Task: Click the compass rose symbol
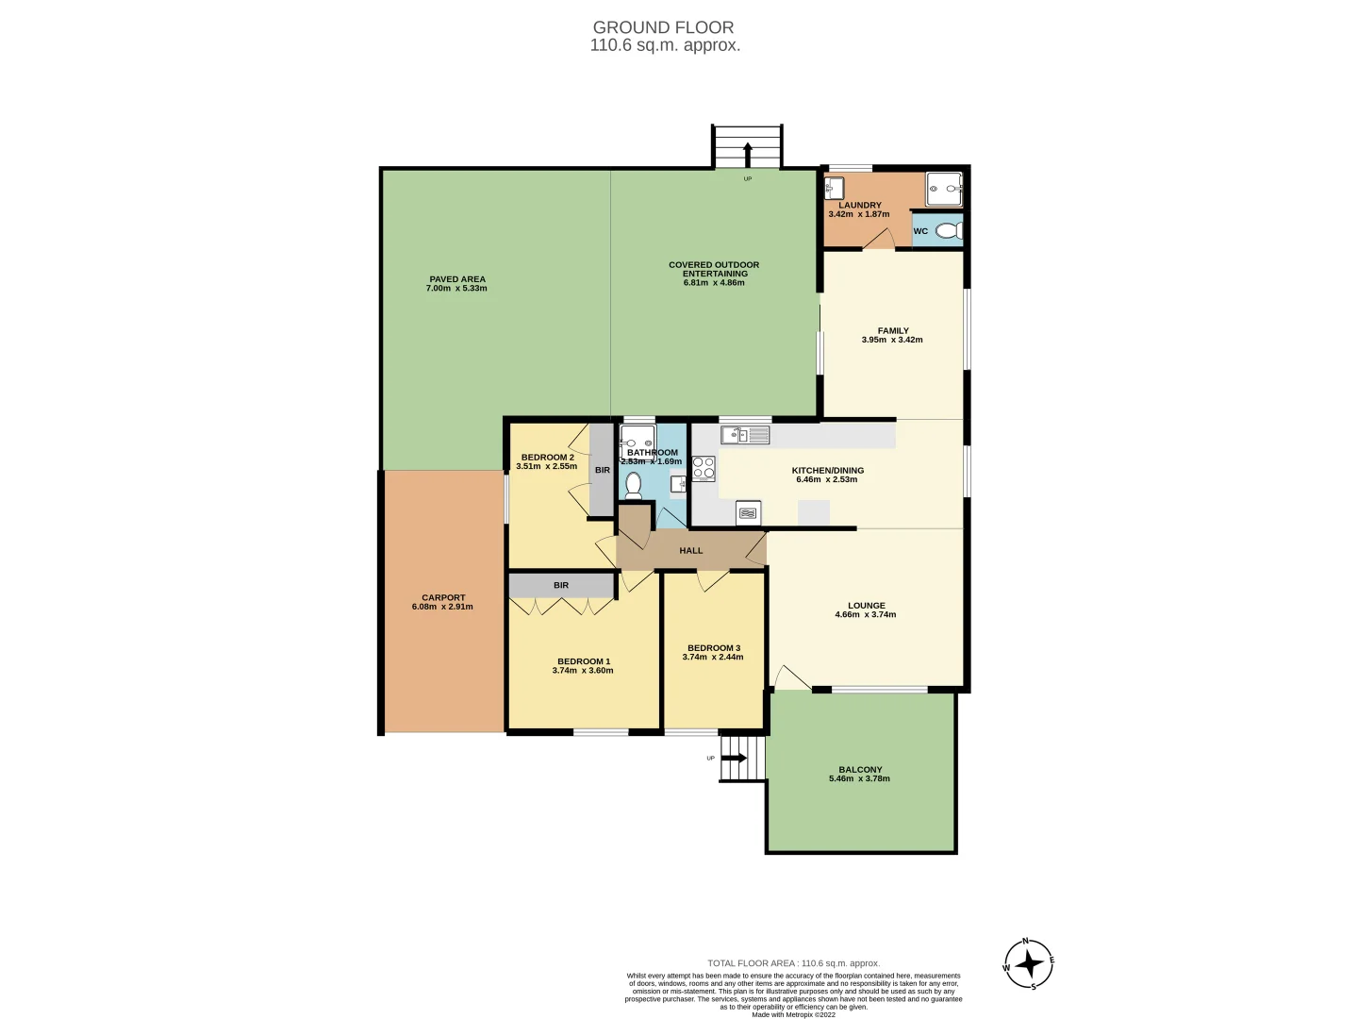coord(1028,964)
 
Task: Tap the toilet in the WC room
coord(949,231)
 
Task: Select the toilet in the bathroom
coord(633,485)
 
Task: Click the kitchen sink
coord(745,435)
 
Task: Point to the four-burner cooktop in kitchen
coord(704,468)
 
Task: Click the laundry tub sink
coord(834,189)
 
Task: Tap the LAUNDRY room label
coord(859,205)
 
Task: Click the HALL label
coord(690,550)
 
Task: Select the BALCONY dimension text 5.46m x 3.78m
coord(859,778)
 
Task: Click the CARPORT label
coord(443,597)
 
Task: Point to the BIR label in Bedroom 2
coord(602,470)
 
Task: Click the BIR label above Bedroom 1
coord(561,585)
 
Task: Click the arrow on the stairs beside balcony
coord(735,758)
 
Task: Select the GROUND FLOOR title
coord(663,28)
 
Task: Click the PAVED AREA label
coord(457,279)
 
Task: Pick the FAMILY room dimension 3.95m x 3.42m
coord(892,340)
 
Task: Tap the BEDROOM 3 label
coord(713,648)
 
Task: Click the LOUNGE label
coord(866,606)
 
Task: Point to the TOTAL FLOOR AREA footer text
coord(793,963)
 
